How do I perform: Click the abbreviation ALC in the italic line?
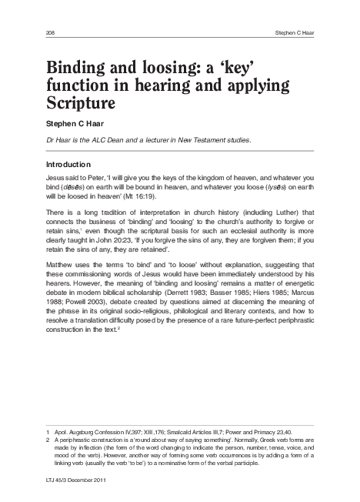(x=96, y=140)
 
